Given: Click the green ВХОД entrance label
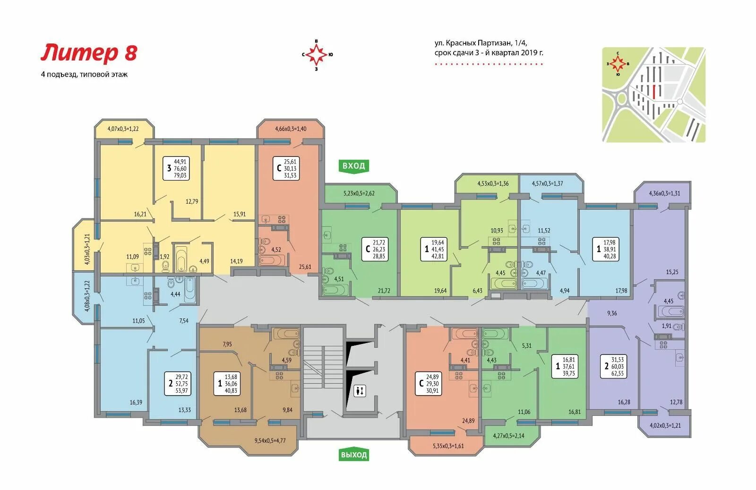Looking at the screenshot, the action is pyautogui.click(x=353, y=166).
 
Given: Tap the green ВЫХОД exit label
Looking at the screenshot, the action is pyautogui.click(x=353, y=455).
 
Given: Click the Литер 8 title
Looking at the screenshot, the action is pyautogui.click(x=89, y=53).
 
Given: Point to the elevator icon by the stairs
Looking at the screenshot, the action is pyautogui.click(x=360, y=391).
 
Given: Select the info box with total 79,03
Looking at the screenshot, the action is pyautogui.click(x=175, y=168).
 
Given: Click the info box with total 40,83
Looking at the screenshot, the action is pyautogui.click(x=226, y=383).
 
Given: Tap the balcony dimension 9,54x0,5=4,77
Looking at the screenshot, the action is pyautogui.click(x=270, y=440).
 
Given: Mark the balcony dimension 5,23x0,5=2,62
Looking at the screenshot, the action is pyautogui.click(x=359, y=193).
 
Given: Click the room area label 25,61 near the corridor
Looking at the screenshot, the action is pyautogui.click(x=305, y=266).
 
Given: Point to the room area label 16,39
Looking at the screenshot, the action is pyautogui.click(x=136, y=402).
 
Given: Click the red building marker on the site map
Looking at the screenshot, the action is pyautogui.click(x=654, y=91).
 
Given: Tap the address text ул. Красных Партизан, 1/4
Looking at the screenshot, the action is pyautogui.click(x=481, y=43).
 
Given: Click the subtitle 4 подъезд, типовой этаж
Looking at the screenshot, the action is pyautogui.click(x=84, y=74).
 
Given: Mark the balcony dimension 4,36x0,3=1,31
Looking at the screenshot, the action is pyautogui.click(x=664, y=193).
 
